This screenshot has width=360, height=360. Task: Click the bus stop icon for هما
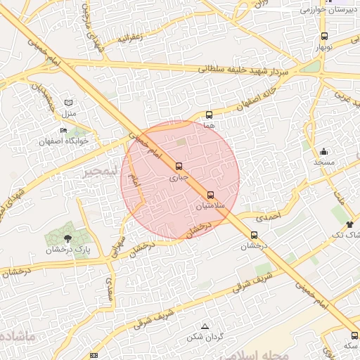pos(209,115)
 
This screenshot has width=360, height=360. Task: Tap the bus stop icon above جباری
pos(178,167)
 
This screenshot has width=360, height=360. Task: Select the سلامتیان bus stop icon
pos(211,195)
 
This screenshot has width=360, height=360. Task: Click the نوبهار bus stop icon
pos(324,36)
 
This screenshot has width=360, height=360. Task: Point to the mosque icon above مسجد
pos(323,151)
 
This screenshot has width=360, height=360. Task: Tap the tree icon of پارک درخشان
pos(67,238)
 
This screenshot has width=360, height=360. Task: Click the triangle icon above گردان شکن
pos(205,326)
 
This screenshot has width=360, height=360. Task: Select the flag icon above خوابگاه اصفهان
pos(63,130)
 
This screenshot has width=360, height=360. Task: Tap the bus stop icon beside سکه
pos(354,335)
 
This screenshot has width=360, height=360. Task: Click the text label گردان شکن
pos(205,337)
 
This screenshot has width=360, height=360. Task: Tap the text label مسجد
pos(324,162)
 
